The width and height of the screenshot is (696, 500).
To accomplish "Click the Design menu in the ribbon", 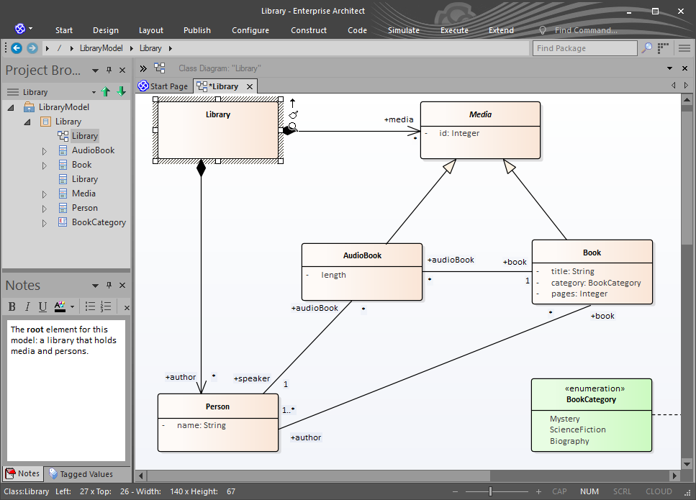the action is (106, 30).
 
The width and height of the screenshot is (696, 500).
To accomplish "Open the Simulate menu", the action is (404, 30).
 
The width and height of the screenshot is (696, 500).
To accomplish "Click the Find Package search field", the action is (584, 48).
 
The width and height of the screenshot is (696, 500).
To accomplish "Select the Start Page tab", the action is (163, 86).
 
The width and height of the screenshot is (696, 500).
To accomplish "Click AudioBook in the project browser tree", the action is (94, 150).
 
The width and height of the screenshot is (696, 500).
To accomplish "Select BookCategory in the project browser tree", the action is (99, 222).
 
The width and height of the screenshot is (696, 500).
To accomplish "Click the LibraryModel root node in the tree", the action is (64, 107).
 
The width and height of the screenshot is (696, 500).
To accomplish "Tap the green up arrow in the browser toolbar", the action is (106, 92).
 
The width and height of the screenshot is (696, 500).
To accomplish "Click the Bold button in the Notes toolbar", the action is (12, 306).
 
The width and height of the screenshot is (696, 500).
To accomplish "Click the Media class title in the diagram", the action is (480, 114).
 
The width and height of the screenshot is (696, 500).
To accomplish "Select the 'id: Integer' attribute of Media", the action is (459, 133).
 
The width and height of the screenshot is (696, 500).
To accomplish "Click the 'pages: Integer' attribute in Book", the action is (579, 294).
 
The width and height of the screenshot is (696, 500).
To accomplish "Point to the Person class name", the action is (217, 406).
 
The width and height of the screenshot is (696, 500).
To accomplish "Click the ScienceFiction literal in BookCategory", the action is (577, 429).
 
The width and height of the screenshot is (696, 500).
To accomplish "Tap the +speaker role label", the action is (252, 378).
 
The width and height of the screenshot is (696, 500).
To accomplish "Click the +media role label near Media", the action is (399, 119).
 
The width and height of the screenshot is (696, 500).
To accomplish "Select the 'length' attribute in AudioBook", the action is (333, 275).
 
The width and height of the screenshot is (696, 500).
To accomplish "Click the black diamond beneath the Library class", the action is (201, 168).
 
